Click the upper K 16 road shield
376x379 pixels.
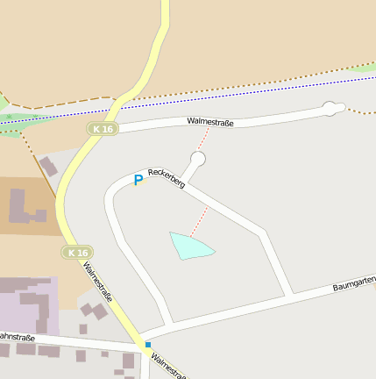tap(102, 129)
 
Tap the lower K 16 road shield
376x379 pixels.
tap(77, 253)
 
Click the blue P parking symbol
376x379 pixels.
tap(138, 180)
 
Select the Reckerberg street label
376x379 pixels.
tap(166, 178)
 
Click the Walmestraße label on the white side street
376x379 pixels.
tap(210, 123)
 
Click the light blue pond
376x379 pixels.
tap(189, 246)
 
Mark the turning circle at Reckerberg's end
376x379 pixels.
tap(198, 159)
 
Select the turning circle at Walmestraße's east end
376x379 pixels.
tap(330, 108)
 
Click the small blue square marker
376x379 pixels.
tap(148, 345)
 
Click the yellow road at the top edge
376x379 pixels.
tap(164, 13)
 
